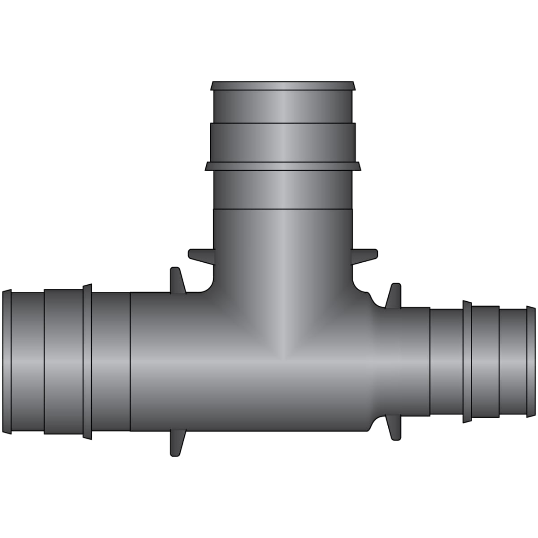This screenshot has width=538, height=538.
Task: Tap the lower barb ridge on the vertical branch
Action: pos(282,166)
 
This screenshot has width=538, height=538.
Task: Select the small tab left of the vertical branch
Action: pos(200,255)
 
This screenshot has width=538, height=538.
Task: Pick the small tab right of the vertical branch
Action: pos(365,255)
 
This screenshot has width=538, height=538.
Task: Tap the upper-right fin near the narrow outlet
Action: pos(394,295)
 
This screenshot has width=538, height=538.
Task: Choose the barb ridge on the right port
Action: pos(467,362)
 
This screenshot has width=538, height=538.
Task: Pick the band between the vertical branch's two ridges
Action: pos(282,143)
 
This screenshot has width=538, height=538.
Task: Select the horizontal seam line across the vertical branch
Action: pos(282,209)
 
